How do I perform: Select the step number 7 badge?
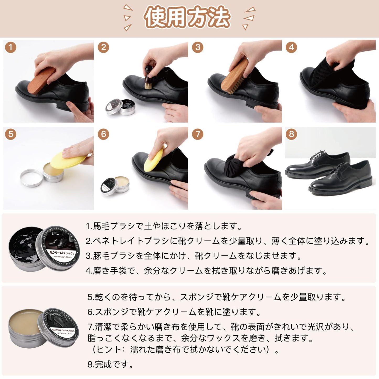[x=197, y=134]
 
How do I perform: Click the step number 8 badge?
[x=291, y=134]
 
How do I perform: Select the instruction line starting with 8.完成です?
[x=110, y=364]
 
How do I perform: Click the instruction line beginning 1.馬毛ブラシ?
[x=164, y=226]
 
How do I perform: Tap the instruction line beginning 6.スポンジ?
[x=174, y=312]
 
